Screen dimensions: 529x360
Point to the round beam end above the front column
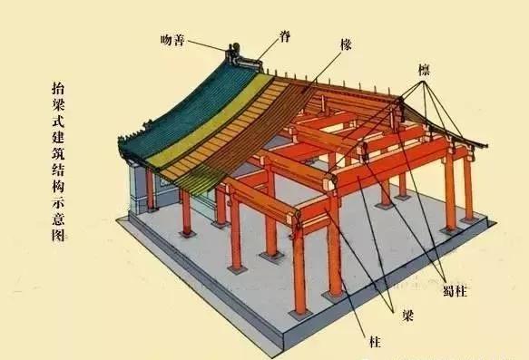click(293, 216)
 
